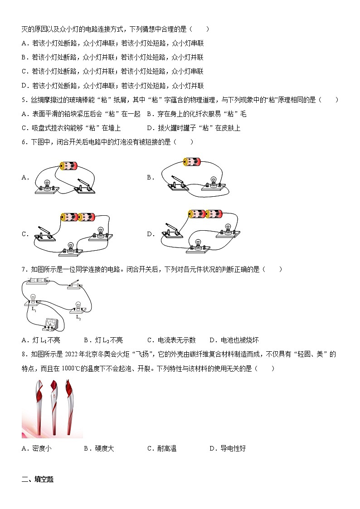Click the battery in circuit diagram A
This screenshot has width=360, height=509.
pos(69,165)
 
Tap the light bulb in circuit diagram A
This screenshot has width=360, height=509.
pos(46,185)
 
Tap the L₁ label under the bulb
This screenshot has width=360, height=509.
pos(34,308)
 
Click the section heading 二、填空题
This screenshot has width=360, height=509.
pos(38,479)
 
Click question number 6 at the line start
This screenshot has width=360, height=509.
pos(24,142)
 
